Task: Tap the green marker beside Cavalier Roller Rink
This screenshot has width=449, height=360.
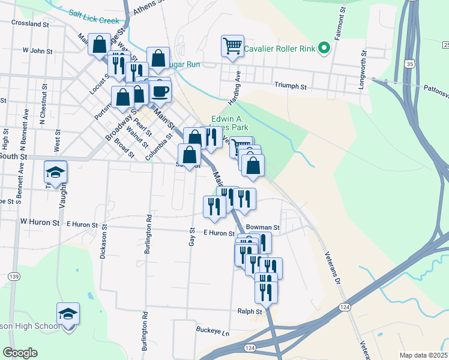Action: tap(325, 47)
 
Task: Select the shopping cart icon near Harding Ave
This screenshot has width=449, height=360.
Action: tap(232, 46)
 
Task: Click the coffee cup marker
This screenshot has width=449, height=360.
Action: tap(160, 91)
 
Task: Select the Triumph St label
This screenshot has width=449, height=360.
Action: tap(291, 86)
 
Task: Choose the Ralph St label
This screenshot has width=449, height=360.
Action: tap(250, 312)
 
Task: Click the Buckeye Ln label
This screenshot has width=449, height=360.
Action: tap(213, 331)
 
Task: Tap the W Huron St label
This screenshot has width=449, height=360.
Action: tap(40, 222)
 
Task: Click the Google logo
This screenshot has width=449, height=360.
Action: tap(20, 353)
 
